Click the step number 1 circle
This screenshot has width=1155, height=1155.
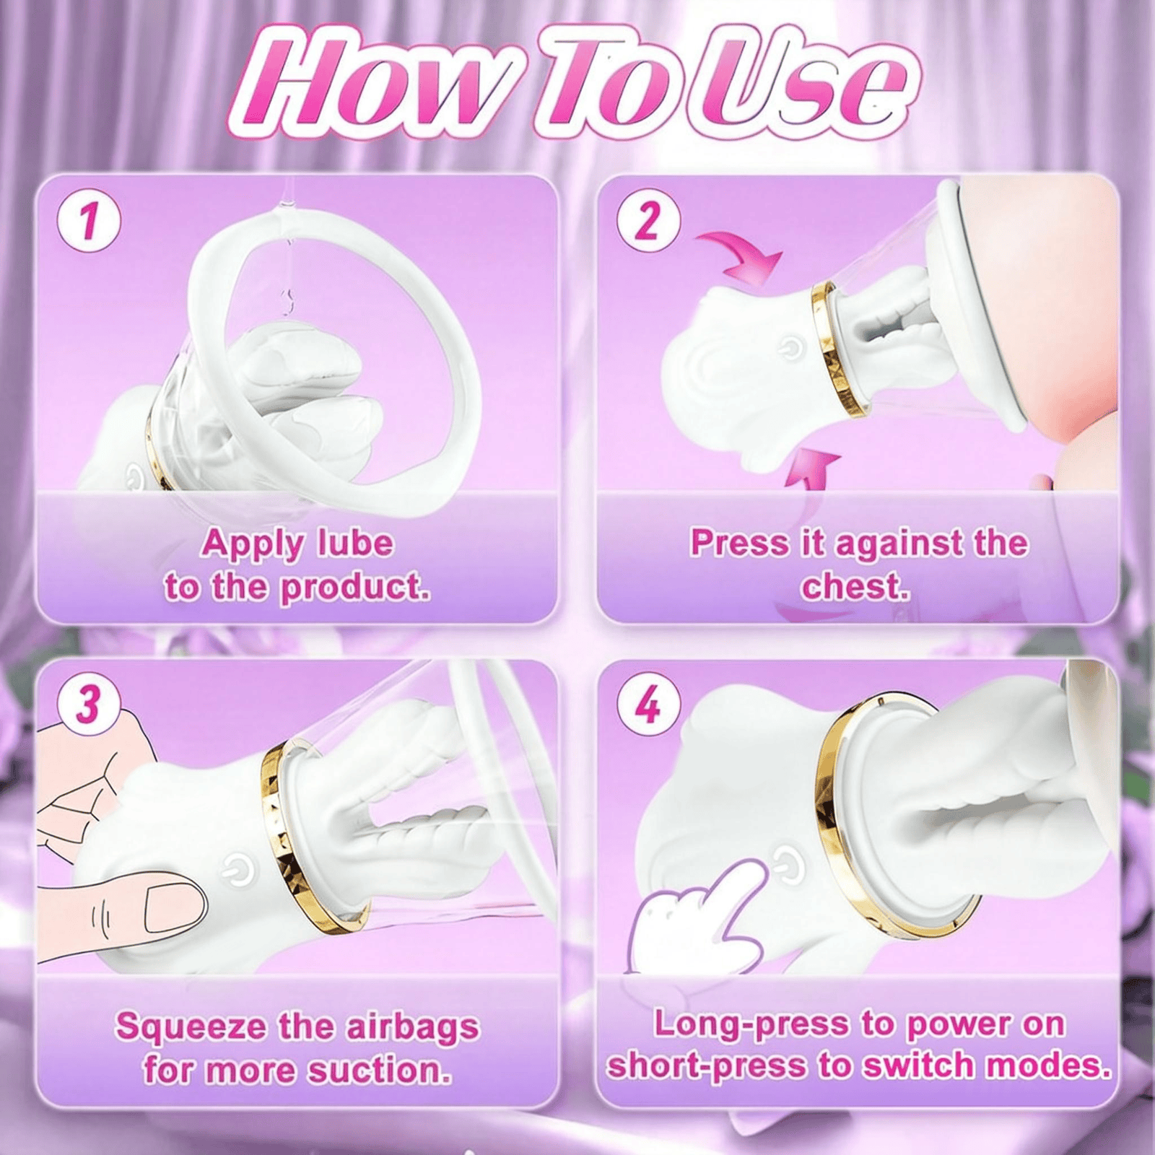coord(88,220)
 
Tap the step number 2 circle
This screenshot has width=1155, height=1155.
coord(648,220)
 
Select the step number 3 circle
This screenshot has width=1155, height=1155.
coord(88,702)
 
